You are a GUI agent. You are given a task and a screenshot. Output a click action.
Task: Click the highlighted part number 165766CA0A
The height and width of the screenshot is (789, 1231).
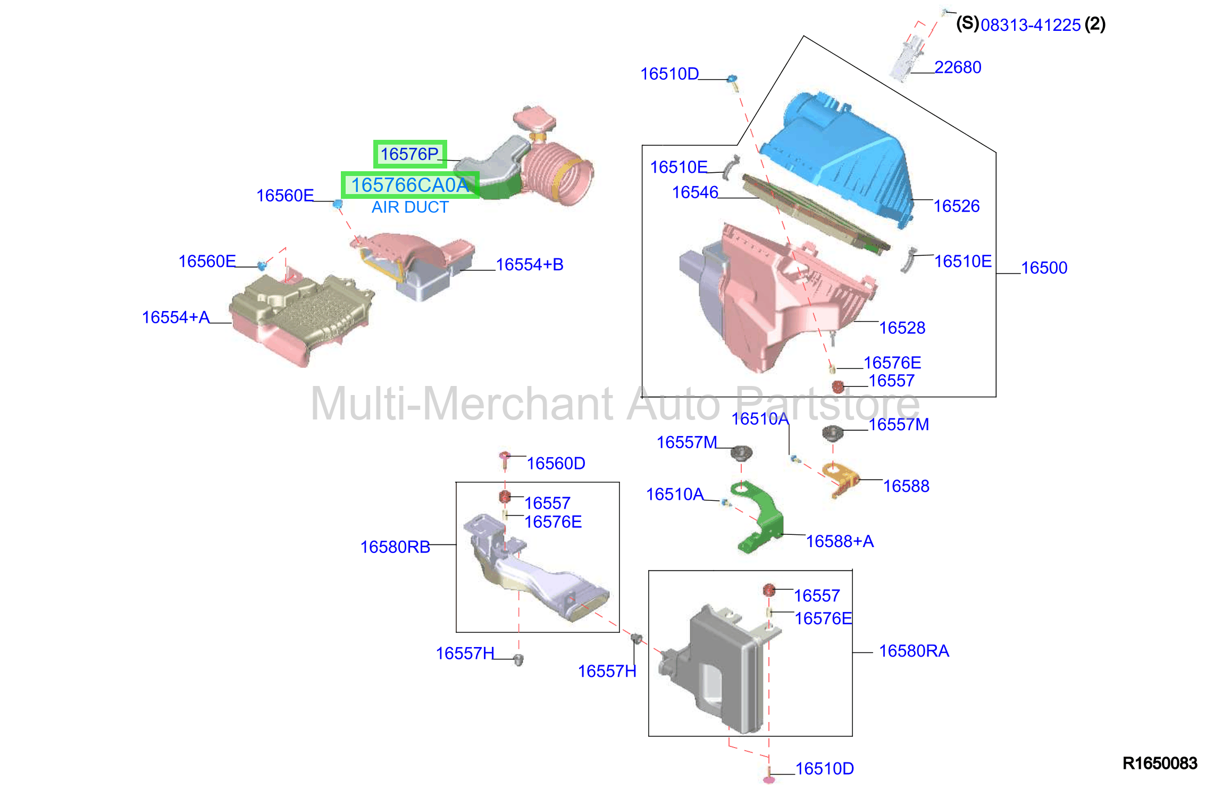[x=410, y=185]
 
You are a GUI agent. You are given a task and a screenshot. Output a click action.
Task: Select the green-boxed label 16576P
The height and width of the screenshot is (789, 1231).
[x=409, y=154]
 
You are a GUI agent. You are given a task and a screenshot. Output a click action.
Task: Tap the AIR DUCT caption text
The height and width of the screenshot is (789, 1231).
[x=410, y=207]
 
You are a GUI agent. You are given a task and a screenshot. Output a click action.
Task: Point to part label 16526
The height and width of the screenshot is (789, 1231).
[x=956, y=206]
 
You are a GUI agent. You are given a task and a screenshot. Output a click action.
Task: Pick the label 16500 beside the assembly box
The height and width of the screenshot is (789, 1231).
[x=1044, y=268]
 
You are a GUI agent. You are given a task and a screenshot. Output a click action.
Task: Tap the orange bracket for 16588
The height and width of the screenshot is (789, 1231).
[x=841, y=479]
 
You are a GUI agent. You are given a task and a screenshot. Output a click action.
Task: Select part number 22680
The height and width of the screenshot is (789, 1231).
[x=958, y=68]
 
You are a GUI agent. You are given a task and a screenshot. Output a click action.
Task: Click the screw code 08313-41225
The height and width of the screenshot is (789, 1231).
[x=1031, y=25]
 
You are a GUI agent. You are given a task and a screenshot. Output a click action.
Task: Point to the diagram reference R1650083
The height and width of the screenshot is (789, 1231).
[x=1160, y=763]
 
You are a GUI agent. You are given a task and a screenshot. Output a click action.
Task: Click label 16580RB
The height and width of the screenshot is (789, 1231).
[x=395, y=547]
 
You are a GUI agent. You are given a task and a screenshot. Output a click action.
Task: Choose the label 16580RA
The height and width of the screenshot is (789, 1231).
[x=914, y=651]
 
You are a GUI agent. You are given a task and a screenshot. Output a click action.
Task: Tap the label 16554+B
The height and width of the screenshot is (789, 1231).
[x=530, y=265]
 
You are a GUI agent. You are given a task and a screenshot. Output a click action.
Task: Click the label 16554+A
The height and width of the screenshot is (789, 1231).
[x=175, y=317]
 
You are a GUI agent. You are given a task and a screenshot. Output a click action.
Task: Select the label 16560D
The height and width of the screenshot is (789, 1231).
[x=556, y=464]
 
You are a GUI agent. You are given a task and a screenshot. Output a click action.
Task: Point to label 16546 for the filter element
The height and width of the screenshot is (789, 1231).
[x=695, y=192]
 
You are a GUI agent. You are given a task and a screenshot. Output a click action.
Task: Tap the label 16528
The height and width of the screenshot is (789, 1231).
[x=902, y=328]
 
